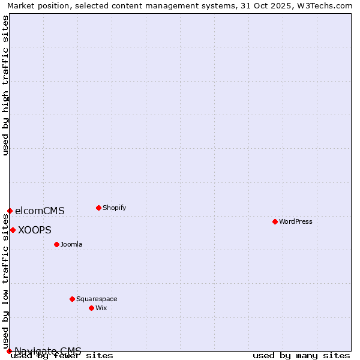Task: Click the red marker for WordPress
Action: click(x=275, y=221)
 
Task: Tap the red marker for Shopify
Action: click(x=98, y=208)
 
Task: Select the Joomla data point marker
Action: click(x=56, y=244)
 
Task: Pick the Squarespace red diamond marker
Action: click(x=72, y=299)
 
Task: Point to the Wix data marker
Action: click(x=91, y=308)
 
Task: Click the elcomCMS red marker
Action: click(x=10, y=211)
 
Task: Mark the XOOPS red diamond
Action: click(x=13, y=230)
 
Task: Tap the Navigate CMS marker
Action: click(x=9, y=351)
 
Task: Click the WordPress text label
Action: click(x=295, y=221)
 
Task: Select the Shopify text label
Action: click(x=114, y=208)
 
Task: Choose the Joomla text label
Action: click(x=71, y=244)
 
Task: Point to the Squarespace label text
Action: click(x=97, y=299)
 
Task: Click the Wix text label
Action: click(x=101, y=308)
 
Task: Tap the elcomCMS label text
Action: click(x=40, y=211)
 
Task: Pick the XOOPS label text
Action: click(x=35, y=230)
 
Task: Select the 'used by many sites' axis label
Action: click(x=301, y=355)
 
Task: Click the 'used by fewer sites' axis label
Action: click(x=62, y=355)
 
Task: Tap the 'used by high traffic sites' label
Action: click(x=5, y=85)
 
